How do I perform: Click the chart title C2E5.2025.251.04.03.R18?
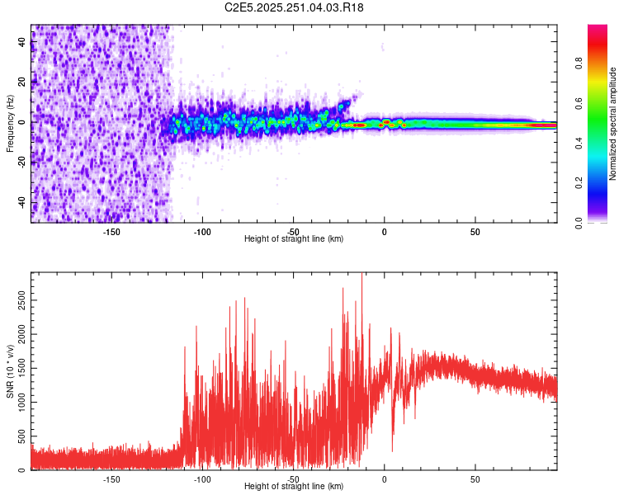(295, 7)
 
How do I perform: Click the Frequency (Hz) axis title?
(10, 123)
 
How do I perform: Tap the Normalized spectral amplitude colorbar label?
(612, 124)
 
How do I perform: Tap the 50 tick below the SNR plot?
(475, 478)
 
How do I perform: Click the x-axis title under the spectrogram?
(294, 238)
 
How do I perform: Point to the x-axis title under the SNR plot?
(294, 486)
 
